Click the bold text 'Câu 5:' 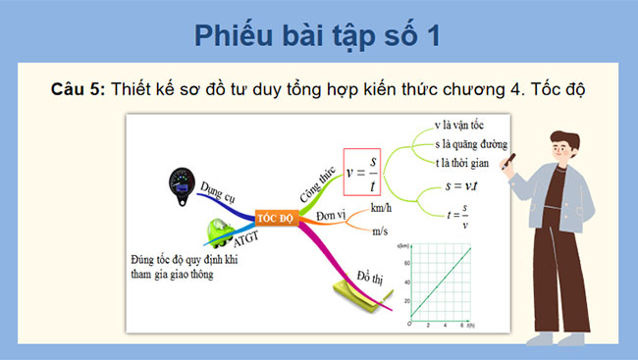click(x=78, y=89)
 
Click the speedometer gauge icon click(x=183, y=182)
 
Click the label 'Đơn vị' click(x=332, y=215)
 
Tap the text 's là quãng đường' click(x=475, y=145)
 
